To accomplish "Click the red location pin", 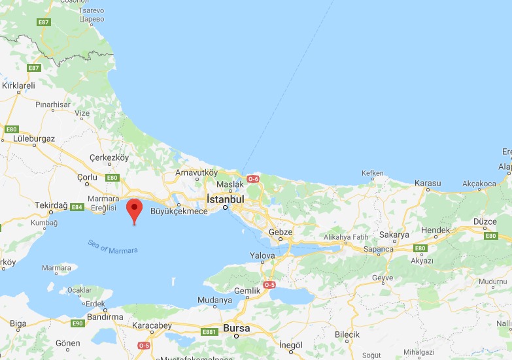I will (x=134, y=209).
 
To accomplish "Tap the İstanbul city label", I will (x=225, y=199).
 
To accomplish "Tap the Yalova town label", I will (x=262, y=255).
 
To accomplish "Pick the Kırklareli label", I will (x=18, y=86).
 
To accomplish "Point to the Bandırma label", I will (x=104, y=317).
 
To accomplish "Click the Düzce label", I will (x=485, y=221).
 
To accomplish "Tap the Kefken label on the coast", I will (x=373, y=173).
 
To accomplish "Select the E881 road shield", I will (x=209, y=332).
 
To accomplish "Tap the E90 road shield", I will (x=77, y=323).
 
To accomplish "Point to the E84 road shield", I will (x=77, y=207).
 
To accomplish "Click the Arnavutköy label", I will (x=196, y=173).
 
